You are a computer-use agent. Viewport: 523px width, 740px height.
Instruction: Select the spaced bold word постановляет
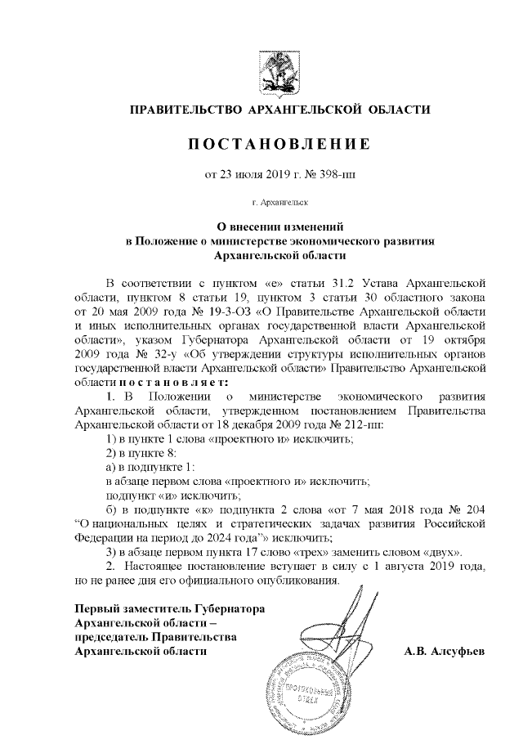tap(173, 381)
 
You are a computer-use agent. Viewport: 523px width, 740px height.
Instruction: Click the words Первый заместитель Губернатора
tap(170, 609)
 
